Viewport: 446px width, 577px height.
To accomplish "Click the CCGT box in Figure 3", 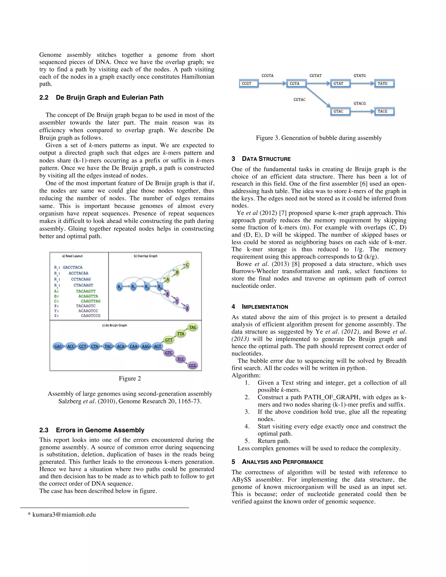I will pyautogui.click(x=248, y=83).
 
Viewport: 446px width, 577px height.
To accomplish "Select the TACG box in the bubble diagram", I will pyautogui.click(x=384, y=111).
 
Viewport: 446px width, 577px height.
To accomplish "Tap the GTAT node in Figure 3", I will pyautogui.click(x=340, y=83).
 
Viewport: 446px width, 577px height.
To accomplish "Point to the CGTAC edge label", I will pyautogui.click(x=299, y=100).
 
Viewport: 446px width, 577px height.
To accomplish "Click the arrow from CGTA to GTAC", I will pyautogui.click(x=318, y=96).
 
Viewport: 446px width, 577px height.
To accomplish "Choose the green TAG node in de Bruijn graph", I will pyautogui.click(x=193, y=327).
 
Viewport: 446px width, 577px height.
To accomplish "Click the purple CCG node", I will pyautogui.click(x=193, y=365).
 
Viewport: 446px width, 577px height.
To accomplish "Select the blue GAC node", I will pyautogui.click(x=58, y=346).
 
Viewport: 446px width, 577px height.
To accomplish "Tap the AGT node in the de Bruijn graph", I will pyautogui.click(x=157, y=346).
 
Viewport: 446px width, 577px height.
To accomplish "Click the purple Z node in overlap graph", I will pyautogui.click(x=187, y=308).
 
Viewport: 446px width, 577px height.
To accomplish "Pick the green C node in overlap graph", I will pyautogui.click(x=187, y=265).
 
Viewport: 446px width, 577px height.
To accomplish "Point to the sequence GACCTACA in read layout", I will pyautogui.click(x=73, y=267).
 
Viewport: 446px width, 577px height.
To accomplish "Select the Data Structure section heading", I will pyautogui.click(x=266, y=159).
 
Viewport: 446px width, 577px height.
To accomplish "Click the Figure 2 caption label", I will pyautogui.click(x=130, y=378).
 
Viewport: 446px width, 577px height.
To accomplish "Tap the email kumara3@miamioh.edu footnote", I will pyautogui.click(x=64, y=514).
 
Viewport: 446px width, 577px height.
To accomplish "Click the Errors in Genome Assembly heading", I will pyautogui.click(x=100, y=430).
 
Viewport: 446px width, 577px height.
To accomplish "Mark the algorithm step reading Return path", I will pyautogui.click(x=274, y=441).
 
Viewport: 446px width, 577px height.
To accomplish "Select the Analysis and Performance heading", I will pyautogui.click(x=282, y=462).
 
